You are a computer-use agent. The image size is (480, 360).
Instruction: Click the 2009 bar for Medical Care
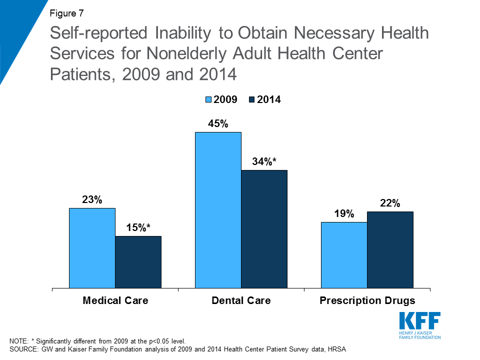pyautogui.click(x=92, y=248)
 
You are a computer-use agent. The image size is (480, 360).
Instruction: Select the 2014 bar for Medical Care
pyautogui.click(x=138, y=262)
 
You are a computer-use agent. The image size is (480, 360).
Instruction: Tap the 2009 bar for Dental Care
pyautogui.click(x=218, y=210)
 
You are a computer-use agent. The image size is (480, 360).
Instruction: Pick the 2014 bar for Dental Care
pyautogui.click(x=264, y=229)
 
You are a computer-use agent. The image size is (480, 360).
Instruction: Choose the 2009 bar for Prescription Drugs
pyautogui.click(x=344, y=255)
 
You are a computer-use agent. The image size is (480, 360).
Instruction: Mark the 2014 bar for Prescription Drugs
pyautogui.click(x=390, y=250)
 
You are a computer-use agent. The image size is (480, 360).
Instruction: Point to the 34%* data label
pyautogui.click(x=264, y=161)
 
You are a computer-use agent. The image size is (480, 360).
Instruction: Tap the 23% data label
pyautogui.click(x=92, y=200)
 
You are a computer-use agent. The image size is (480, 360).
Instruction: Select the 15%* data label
pyautogui.click(x=138, y=227)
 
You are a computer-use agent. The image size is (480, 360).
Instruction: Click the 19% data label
pyautogui.click(x=344, y=214)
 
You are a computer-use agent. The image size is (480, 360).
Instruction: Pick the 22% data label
pyautogui.click(x=390, y=203)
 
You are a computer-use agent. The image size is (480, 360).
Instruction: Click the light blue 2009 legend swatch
pyautogui.click(x=208, y=100)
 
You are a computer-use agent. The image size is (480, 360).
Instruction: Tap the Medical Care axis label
pyautogui.click(x=115, y=300)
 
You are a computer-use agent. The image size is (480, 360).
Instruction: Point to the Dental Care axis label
pyautogui.click(x=241, y=300)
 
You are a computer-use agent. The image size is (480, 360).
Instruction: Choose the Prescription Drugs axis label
pyautogui.click(x=367, y=300)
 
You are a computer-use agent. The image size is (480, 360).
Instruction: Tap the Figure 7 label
pyautogui.click(x=66, y=13)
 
